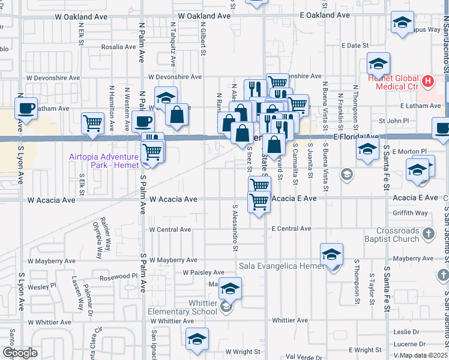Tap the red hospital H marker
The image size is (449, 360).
pos(427,80)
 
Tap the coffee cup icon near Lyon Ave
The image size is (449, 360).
pos(26,108)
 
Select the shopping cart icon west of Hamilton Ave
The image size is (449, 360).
pos(93,123)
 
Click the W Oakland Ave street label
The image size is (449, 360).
pos(204,16)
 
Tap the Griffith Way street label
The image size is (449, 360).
pos(411,212)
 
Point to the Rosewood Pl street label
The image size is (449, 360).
pos(118,276)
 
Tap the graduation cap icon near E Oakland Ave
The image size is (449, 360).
pos(402,24)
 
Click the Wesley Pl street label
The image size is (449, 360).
pos(45,286)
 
